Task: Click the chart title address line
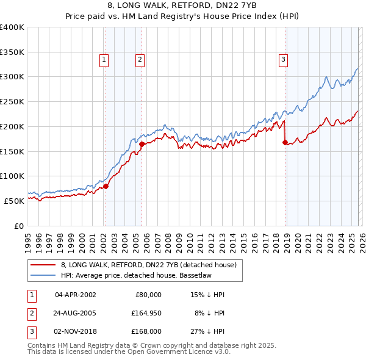[x=182, y=5]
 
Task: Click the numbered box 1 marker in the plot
[x=104, y=60]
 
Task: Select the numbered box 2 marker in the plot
[x=140, y=60]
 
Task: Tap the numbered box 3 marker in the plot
[x=284, y=60]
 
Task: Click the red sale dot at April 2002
[x=106, y=186]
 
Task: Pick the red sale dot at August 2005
[x=142, y=144]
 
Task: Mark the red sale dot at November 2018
[x=285, y=143]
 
